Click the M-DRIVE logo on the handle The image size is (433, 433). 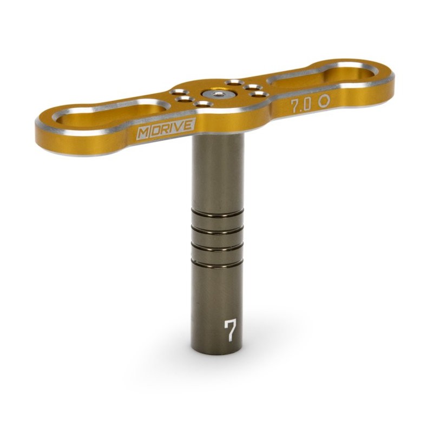click(166, 128)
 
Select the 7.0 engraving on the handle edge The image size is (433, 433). click(301, 105)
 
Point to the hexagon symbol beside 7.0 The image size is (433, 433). click(324, 101)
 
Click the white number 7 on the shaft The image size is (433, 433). click(231, 330)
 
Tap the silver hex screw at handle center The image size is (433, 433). click(218, 93)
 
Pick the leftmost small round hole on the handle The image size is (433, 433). click(179, 92)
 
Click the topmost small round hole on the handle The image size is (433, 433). click(234, 82)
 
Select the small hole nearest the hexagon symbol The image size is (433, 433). click(259, 94)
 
